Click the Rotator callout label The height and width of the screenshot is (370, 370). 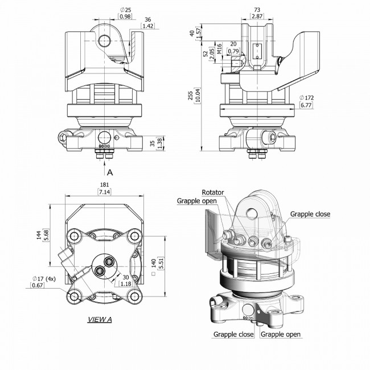(x=213, y=192)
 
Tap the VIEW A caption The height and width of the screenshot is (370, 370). (x=100, y=319)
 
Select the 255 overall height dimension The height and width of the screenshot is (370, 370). (x=191, y=95)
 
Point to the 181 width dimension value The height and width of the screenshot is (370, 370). (x=104, y=185)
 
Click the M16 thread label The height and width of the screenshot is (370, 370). (x=219, y=48)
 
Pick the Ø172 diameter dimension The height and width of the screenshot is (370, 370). (x=306, y=97)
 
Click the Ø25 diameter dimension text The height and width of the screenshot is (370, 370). (x=125, y=10)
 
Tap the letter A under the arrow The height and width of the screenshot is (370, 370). (x=110, y=172)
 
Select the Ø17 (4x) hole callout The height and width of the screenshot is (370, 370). (x=44, y=279)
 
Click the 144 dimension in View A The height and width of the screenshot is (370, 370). (x=39, y=235)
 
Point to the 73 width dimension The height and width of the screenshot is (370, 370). (x=257, y=10)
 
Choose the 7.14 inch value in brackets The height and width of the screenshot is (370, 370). (x=104, y=192)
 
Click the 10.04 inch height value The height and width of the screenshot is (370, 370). (x=198, y=95)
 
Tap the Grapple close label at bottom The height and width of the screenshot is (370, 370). (x=233, y=334)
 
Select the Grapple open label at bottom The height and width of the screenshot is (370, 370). (x=281, y=334)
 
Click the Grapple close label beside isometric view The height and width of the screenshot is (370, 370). (x=310, y=214)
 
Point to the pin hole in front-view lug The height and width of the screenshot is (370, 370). (x=105, y=41)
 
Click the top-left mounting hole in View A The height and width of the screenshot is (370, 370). (x=75, y=236)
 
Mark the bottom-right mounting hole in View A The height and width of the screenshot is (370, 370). (x=134, y=295)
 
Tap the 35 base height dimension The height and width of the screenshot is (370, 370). (x=153, y=143)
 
